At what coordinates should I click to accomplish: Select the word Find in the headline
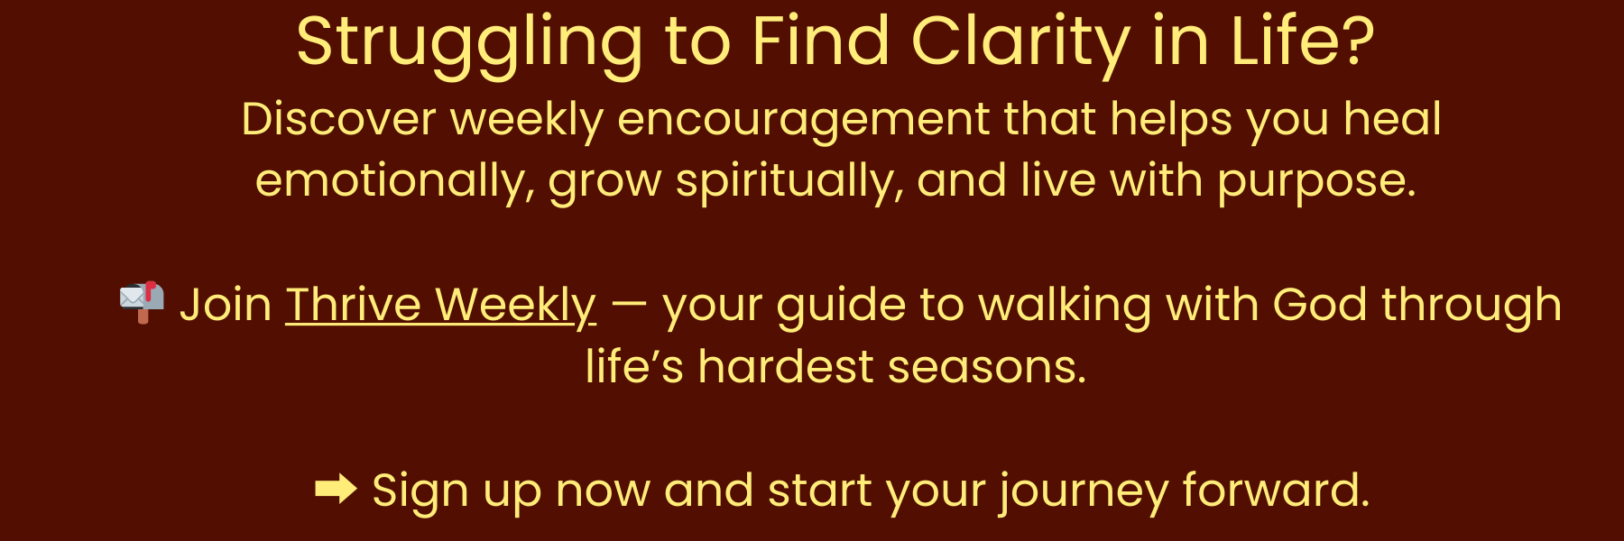click(x=821, y=41)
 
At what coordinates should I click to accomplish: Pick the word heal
click(x=1392, y=119)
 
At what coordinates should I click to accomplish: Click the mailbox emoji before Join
click(x=142, y=302)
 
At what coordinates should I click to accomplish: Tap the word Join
click(x=226, y=306)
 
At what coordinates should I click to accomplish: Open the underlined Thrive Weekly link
click(x=441, y=306)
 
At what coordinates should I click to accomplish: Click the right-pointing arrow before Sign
click(x=336, y=490)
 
